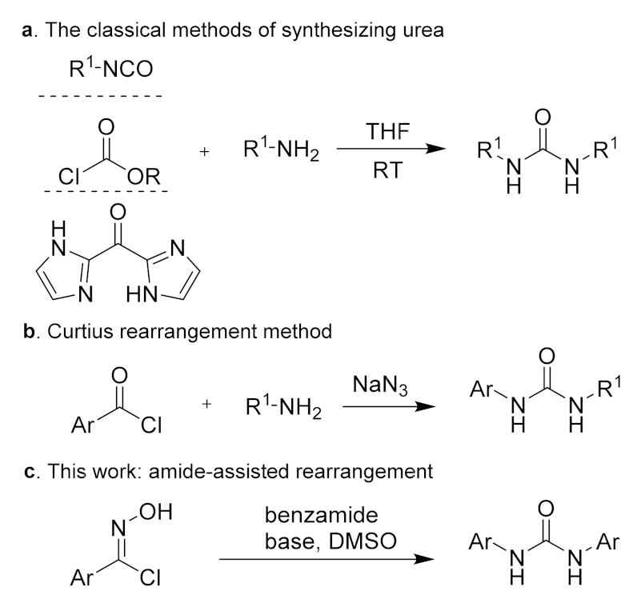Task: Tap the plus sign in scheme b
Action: tap(207, 405)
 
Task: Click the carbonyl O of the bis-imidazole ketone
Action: tap(118, 213)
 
